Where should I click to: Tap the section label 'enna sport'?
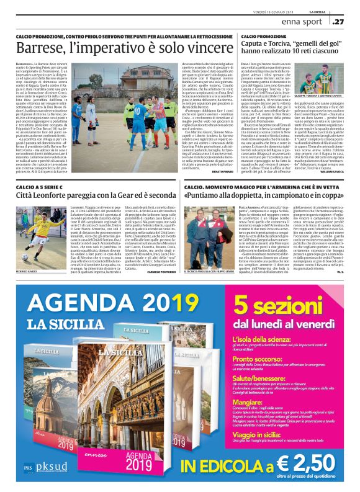tap(300, 22)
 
